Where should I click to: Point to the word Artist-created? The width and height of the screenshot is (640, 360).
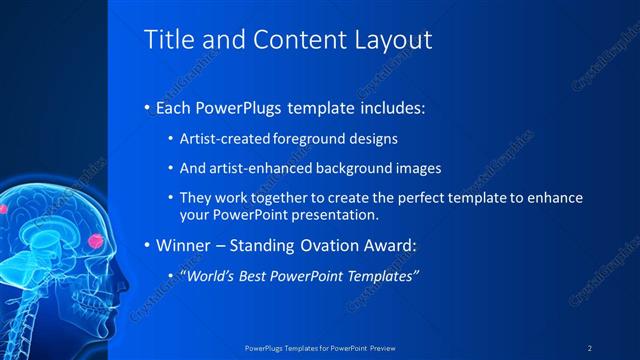(x=221, y=139)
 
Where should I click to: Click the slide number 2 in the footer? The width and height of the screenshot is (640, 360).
(x=590, y=347)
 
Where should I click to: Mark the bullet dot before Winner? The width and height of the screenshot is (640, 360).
(x=147, y=246)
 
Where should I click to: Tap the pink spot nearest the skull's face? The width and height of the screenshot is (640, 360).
(x=97, y=240)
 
